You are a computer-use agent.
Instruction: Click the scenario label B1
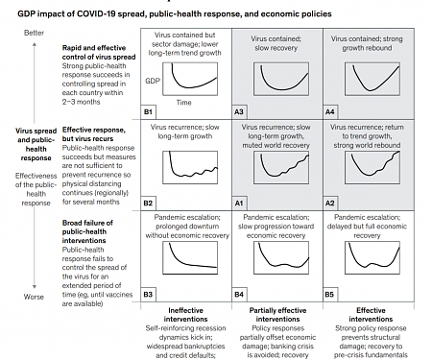tap(149, 112)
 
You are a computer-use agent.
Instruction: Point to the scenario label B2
tap(149, 204)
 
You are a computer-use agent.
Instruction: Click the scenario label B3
tap(149, 292)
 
